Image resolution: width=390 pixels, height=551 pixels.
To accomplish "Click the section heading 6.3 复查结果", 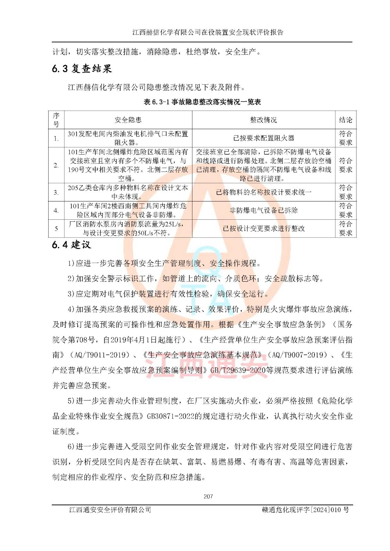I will point(82,69).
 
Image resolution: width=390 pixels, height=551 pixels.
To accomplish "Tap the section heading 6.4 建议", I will point(71,245).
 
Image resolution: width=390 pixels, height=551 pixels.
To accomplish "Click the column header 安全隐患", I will point(128,120).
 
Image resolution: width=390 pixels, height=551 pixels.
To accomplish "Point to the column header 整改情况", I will point(263,120).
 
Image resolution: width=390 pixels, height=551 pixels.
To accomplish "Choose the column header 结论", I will point(346,120).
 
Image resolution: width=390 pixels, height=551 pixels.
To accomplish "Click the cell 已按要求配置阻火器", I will point(263,138).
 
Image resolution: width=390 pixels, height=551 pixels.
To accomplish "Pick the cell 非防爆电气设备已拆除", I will point(263,210).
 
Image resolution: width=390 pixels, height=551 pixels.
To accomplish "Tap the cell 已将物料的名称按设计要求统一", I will point(263,192).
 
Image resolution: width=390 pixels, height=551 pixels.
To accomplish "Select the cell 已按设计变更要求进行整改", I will point(263,228).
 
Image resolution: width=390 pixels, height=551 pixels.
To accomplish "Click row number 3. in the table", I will point(56,193).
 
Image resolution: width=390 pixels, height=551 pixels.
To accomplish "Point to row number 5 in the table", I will point(56,228).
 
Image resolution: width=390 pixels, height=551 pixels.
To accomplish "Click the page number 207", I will point(208,496).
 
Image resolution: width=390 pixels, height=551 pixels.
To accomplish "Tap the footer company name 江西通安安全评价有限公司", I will point(110,510).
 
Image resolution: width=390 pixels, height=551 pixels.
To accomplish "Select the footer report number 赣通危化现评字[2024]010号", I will point(305,510).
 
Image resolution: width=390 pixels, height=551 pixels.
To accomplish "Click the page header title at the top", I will point(208,32).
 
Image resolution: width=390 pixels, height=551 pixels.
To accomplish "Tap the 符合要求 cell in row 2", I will point(346,165).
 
